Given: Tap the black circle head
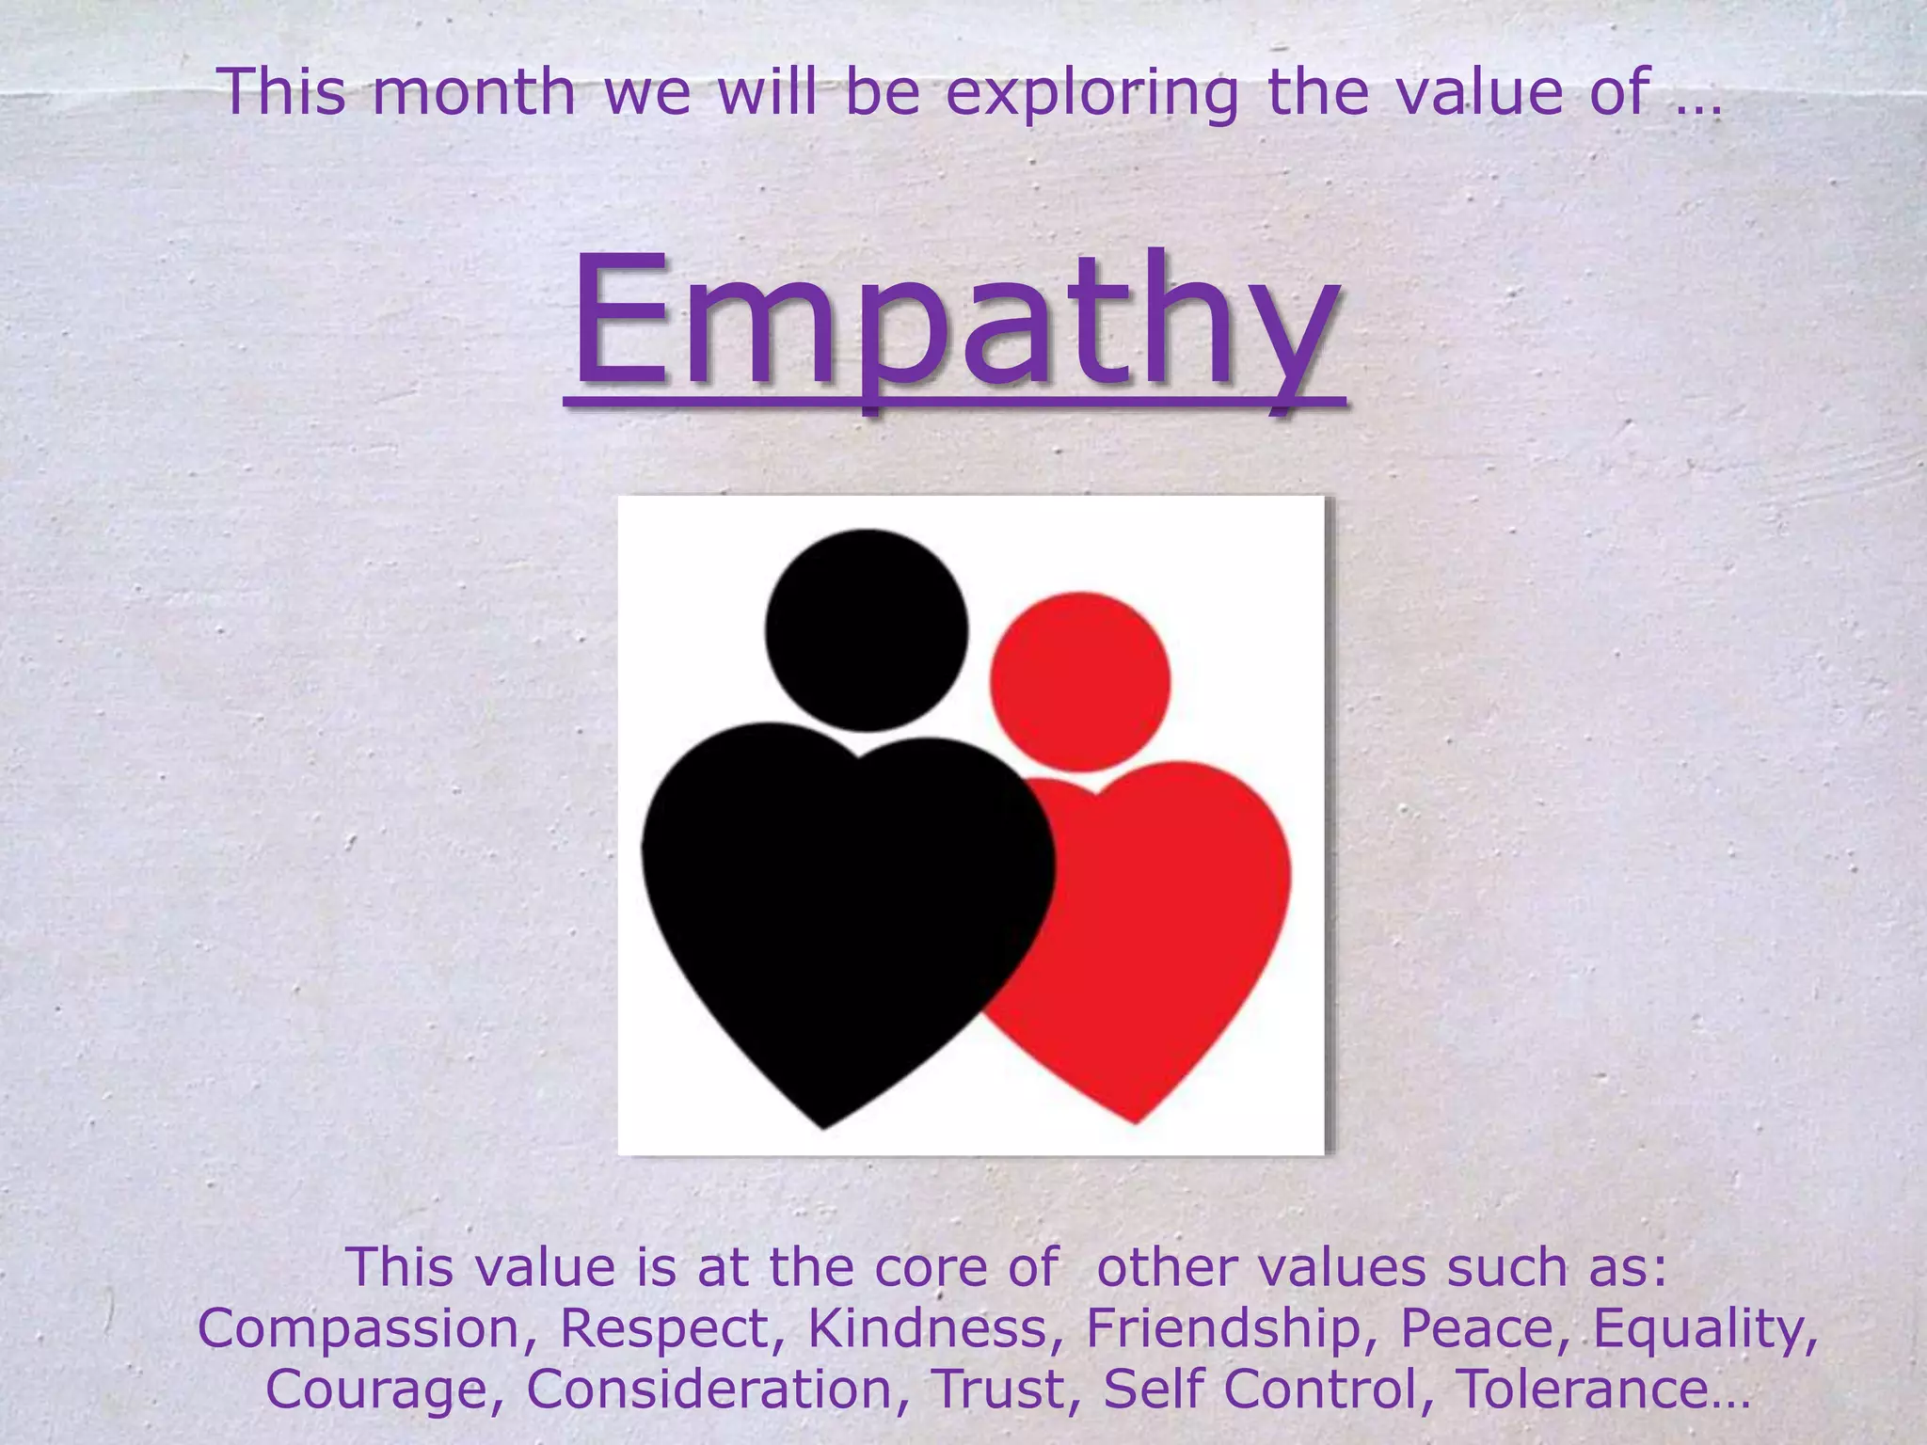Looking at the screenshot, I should [x=866, y=629].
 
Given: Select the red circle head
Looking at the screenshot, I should [x=1080, y=681].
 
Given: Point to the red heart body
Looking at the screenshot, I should [x=1176, y=922].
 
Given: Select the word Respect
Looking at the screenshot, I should [x=677, y=1329].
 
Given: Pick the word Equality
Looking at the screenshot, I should [x=1703, y=1329].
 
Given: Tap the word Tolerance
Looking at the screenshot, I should [x=1600, y=1389].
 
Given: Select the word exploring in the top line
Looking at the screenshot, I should [x=1091, y=93].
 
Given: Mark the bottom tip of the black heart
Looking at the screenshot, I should [x=824, y=1126].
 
